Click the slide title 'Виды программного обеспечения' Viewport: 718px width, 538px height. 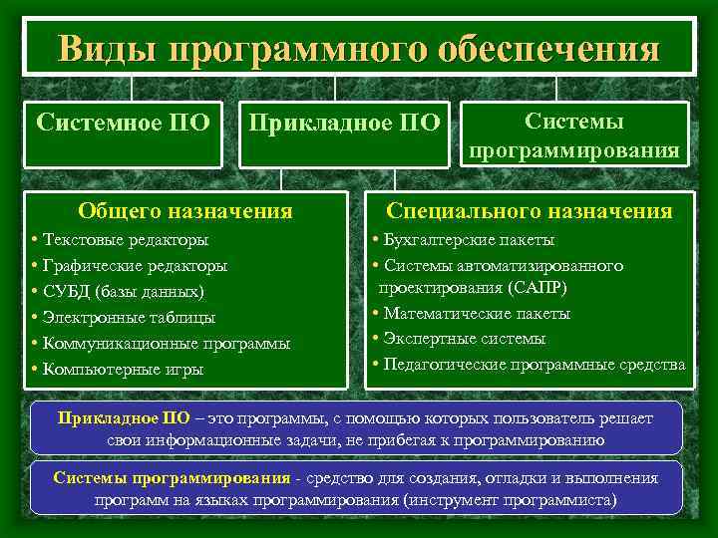tap(359, 48)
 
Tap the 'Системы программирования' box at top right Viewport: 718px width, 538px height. tap(574, 136)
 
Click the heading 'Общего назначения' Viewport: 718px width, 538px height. tap(185, 210)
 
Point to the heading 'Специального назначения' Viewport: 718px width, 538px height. tap(529, 210)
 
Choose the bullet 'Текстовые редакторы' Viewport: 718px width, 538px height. tap(125, 240)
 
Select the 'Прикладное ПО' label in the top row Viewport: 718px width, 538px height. tap(344, 124)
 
